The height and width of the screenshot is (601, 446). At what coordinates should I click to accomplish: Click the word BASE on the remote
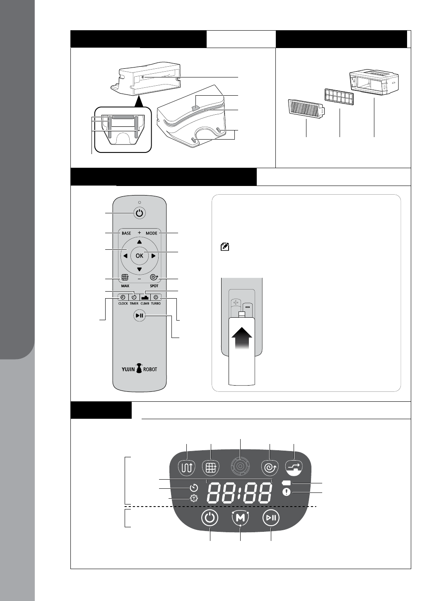pyautogui.click(x=126, y=233)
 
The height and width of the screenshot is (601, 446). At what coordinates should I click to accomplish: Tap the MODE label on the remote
pyautogui.click(x=152, y=233)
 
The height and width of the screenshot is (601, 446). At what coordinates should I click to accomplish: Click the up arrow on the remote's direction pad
pyautogui.click(x=139, y=242)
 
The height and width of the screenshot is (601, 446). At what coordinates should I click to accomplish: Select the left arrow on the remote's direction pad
pyautogui.click(x=125, y=256)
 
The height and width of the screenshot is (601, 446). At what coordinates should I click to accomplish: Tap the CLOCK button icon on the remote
pyautogui.click(x=123, y=297)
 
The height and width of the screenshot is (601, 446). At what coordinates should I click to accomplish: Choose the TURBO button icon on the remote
pyautogui.click(x=156, y=297)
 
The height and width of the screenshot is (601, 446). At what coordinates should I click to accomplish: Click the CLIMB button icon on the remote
pyautogui.click(x=145, y=297)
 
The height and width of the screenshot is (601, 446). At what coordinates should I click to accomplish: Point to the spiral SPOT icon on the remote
pyautogui.click(x=154, y=278)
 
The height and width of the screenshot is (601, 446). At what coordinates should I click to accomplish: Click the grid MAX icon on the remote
pyautogui.click(x=125, y=278)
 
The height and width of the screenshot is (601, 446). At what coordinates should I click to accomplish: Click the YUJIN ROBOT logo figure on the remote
pyautogui.click(x=139, y=368)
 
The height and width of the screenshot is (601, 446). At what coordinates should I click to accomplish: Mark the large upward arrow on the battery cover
pyautogui.click(x=242, y=338)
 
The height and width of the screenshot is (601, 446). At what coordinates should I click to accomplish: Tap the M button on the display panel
pyautogui.click(x=241, y=518)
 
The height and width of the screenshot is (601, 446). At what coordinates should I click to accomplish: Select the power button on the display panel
pyautogui.click(x=210, y=518)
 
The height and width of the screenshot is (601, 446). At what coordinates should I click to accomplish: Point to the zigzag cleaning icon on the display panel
pyautogui.click(x=186, y=467)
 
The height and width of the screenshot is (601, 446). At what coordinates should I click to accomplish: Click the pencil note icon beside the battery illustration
pyautogui.click(x=225, y=247)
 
